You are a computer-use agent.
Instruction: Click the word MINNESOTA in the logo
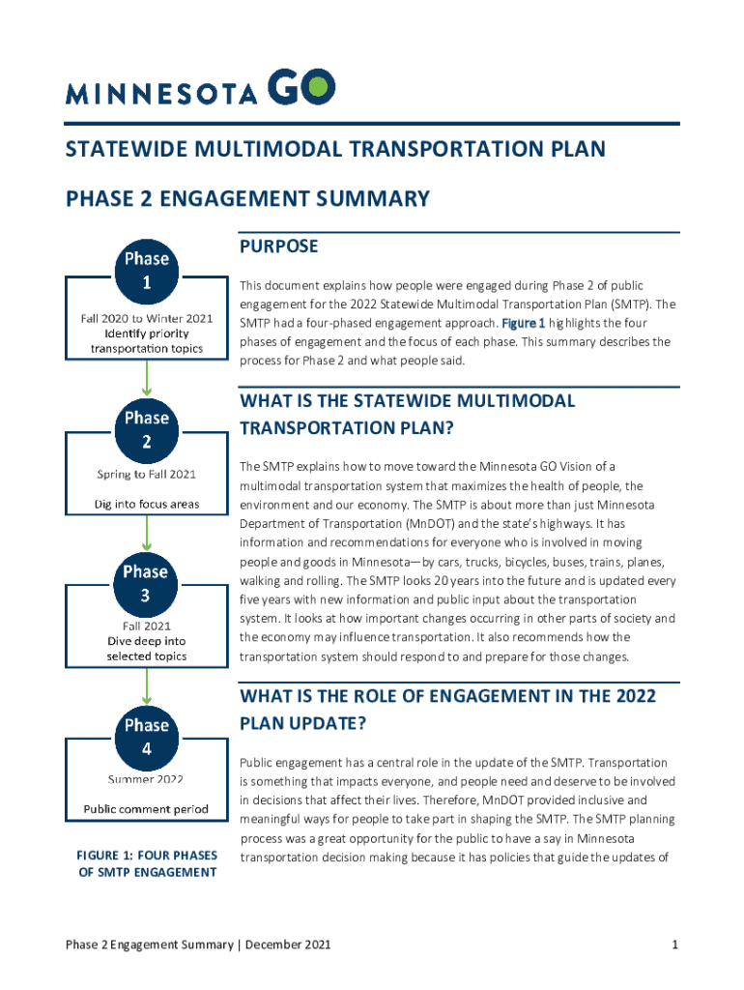(x=161, y=93)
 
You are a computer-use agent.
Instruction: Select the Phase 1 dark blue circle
(x=146, y=272)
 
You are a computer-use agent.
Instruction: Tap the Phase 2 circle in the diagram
(x=146, y=430)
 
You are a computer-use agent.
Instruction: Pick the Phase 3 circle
(x=146, y=584)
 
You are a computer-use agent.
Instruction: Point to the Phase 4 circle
(x=146, y=737)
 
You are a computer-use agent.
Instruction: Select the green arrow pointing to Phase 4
(x=146, y=686)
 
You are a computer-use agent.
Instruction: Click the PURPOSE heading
(x=278, y=247)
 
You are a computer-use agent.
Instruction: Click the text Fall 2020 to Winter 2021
(x=147, y=318)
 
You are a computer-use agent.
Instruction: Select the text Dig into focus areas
(x=147, y=504)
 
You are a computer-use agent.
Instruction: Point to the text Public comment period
(x=146, y=809)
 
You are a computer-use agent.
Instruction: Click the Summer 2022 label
(x=146, y=778)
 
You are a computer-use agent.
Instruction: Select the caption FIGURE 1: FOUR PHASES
(x=146, y=855)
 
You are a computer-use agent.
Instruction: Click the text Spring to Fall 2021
(x=147, y=474)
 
